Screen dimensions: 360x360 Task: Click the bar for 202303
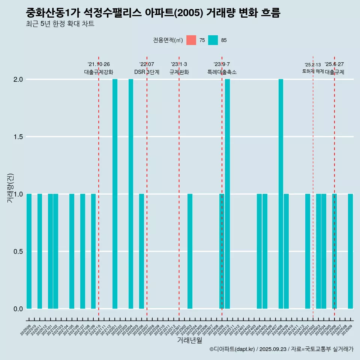(190, 251)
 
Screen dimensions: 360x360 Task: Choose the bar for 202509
(350, 251)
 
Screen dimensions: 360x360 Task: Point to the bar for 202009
(29, 251)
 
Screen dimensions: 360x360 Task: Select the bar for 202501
(307, 251)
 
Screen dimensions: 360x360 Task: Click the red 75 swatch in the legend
(191, 40)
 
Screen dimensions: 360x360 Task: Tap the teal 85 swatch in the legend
(213, 40)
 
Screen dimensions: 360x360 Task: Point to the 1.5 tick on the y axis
(19, 137)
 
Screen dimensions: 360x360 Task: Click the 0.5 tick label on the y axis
(19, 252)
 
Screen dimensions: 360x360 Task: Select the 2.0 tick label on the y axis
(19, 79)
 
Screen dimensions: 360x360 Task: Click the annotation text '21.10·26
(99, 64)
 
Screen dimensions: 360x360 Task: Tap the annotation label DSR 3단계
(147, 72)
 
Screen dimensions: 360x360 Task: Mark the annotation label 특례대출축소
(222, 72)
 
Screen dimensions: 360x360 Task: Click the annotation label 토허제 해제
(313, 71)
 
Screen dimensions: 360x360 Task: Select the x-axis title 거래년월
(189, 340)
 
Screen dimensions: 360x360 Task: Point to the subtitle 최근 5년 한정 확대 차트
(60, 24)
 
